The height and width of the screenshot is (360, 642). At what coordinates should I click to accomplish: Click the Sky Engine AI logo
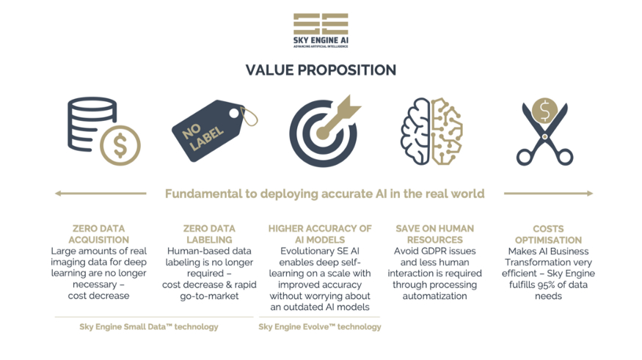(x=321, y=30)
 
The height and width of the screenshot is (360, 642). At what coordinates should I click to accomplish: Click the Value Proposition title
(x=321, y=70)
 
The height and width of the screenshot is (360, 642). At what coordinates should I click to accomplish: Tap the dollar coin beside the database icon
(x=120, y=145)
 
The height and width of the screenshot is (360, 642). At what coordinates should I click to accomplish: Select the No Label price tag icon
(x=214, y=130)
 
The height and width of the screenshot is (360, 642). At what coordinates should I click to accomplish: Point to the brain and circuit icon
(x=431, y=131)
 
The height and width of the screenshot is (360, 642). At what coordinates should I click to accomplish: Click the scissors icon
(x=544, y=133)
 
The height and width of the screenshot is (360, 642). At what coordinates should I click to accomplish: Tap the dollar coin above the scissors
(x=544, y=111)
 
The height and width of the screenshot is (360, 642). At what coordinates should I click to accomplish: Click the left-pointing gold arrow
(x=101, y=193)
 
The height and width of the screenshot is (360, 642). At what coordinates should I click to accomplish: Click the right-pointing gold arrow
(x=548, y=193)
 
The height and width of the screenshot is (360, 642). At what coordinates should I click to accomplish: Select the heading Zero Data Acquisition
(x=98, y=234)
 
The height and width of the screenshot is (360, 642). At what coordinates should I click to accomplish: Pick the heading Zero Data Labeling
(x=209, y=234)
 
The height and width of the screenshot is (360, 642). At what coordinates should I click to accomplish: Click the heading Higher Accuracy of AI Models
(x=320, y=234)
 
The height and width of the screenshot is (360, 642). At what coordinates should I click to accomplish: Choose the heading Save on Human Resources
(x=434, y=234)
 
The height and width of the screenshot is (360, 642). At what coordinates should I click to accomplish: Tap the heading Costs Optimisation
(x=548, y=235)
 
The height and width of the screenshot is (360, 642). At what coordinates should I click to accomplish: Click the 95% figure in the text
(x=555, y=284)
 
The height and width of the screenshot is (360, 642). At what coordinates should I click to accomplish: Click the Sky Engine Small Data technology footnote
(x=149, y=327)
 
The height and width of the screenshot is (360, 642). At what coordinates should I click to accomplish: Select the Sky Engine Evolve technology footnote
(x=319, y=327)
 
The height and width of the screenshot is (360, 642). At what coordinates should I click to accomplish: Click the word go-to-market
(x=209, y=296)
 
